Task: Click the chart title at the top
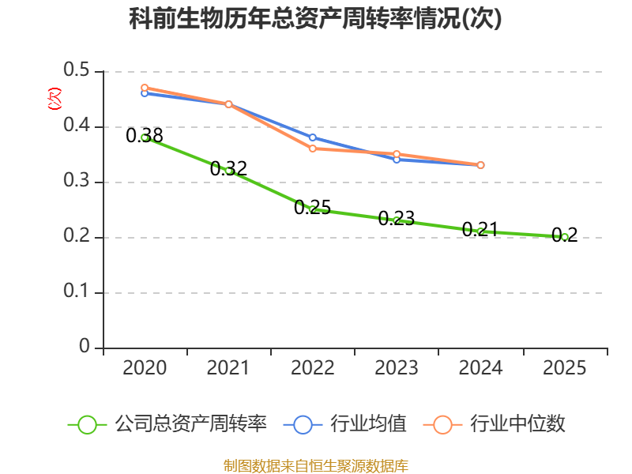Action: coord(315,19)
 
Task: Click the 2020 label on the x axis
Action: coord(145,367)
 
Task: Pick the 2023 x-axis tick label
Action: coord(397,367)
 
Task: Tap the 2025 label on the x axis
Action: coord(564,367)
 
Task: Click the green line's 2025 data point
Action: coord(565,237)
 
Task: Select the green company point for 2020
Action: coord(145,137)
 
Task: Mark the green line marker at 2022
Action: coord(313,209)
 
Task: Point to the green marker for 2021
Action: coord(229,171)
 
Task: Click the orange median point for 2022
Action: coord(313,149)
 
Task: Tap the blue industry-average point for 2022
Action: coord(313,137)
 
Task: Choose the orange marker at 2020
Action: coord(145,88)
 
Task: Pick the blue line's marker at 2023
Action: coord(397,160)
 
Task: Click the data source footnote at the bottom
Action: coord(315,465)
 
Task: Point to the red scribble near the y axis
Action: coord(55,99)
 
